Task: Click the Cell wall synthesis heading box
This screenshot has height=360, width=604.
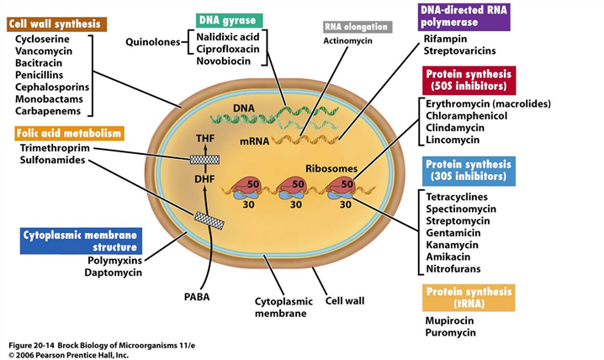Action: pos(55,24)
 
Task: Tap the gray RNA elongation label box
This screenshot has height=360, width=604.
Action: pos(358,27)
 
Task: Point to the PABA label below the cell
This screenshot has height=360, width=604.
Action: pos(198,295)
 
